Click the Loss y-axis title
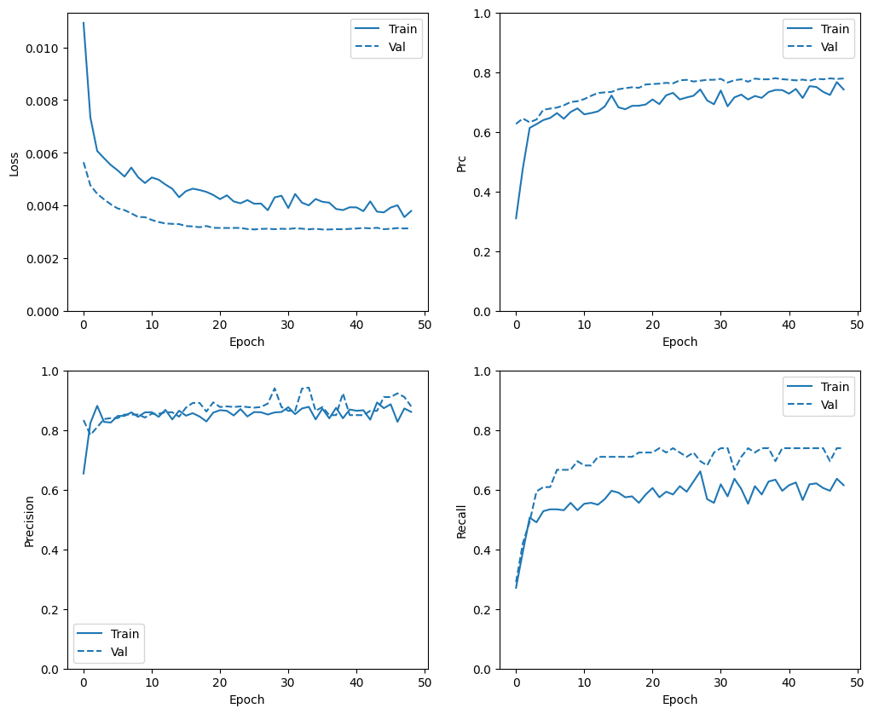pos(14,163)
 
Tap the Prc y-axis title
pos(461,163)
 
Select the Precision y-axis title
pos(29,520)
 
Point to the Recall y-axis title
pos(461,520)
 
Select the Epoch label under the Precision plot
pos(247,700)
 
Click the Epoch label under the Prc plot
pos(679,342)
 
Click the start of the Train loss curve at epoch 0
pos(84,23)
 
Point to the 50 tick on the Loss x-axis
pos(425,325)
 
